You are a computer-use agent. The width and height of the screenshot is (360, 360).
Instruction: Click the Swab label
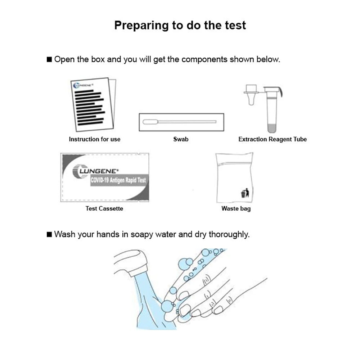point(181,139)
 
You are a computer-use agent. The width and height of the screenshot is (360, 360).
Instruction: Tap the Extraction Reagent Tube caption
point(273,139)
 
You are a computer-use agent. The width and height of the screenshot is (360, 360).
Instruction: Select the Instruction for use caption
point(95,139)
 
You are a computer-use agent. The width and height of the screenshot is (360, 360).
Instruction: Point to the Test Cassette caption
point(104,208)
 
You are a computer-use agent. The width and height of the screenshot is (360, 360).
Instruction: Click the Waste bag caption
point(236,208)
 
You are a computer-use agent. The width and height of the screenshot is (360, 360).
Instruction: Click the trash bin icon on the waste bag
point(244,194)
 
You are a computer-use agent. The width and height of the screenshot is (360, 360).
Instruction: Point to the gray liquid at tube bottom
point(273,128)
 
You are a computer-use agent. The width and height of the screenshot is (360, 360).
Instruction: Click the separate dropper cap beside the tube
point(251,94)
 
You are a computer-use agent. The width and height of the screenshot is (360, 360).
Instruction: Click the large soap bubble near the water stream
point(167,306)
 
